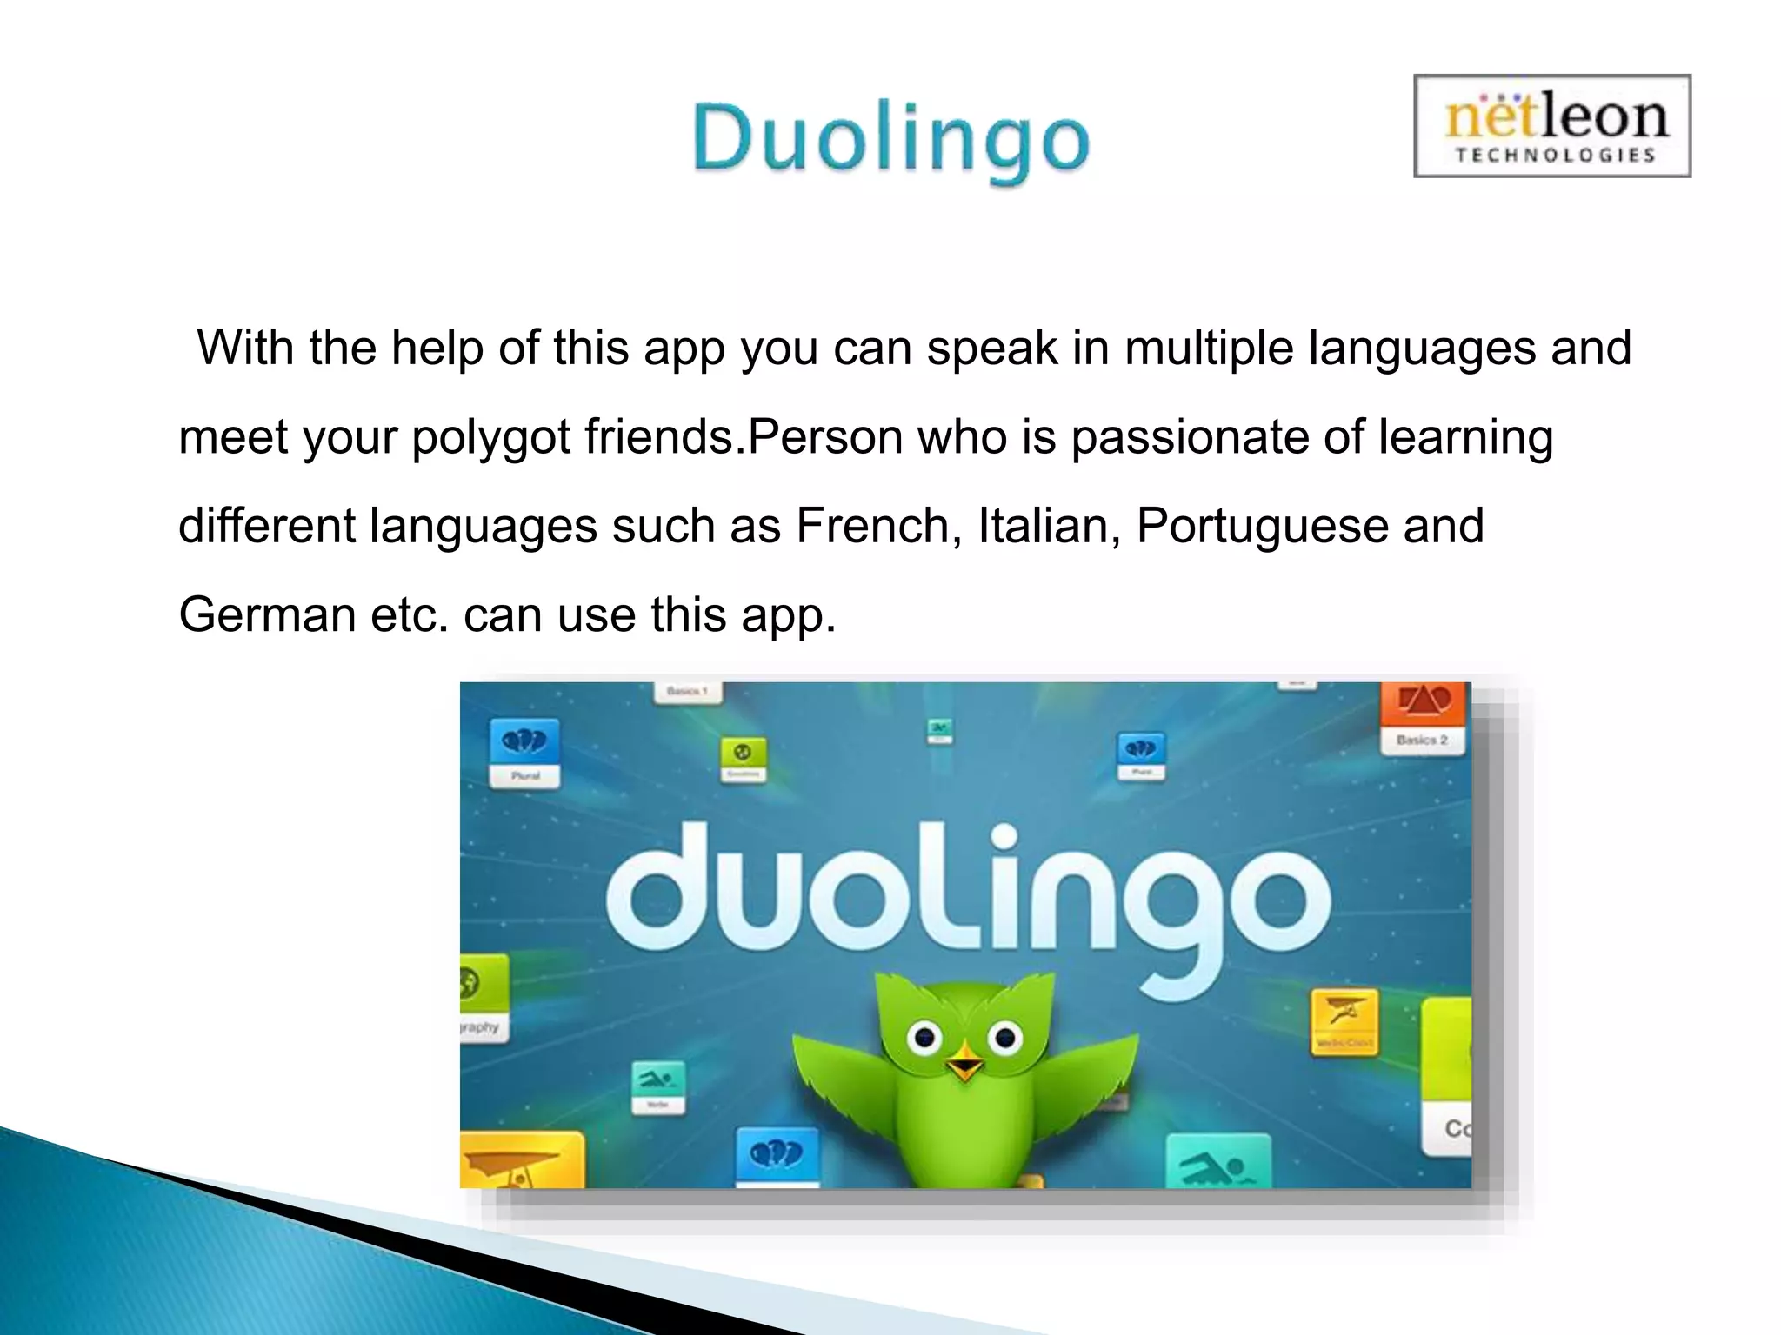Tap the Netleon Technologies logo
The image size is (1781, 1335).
click(x=1552, y=126)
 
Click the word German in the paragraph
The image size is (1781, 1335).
click(x=267, y=614)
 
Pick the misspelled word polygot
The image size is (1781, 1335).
click(x=491, y=437)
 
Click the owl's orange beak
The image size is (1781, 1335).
click(x=964, y=1065)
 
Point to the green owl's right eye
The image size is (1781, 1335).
click(x=1004, y=1036)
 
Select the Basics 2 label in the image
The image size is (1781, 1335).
click(x=1422, y=740)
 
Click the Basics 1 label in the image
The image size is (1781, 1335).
click(x=687, y=691)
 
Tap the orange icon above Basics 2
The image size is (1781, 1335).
click(x=1424, y=702)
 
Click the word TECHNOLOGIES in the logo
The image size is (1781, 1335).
click(x=1555, y=156)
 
